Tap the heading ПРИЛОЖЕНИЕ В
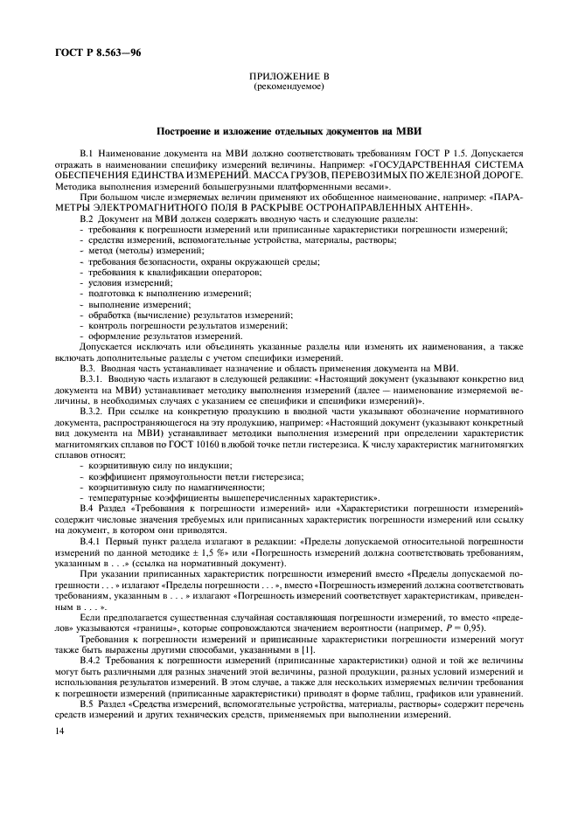[x=289, y=78]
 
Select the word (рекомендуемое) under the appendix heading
[x=289, y=87]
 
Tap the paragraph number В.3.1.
[x=91, y=379]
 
